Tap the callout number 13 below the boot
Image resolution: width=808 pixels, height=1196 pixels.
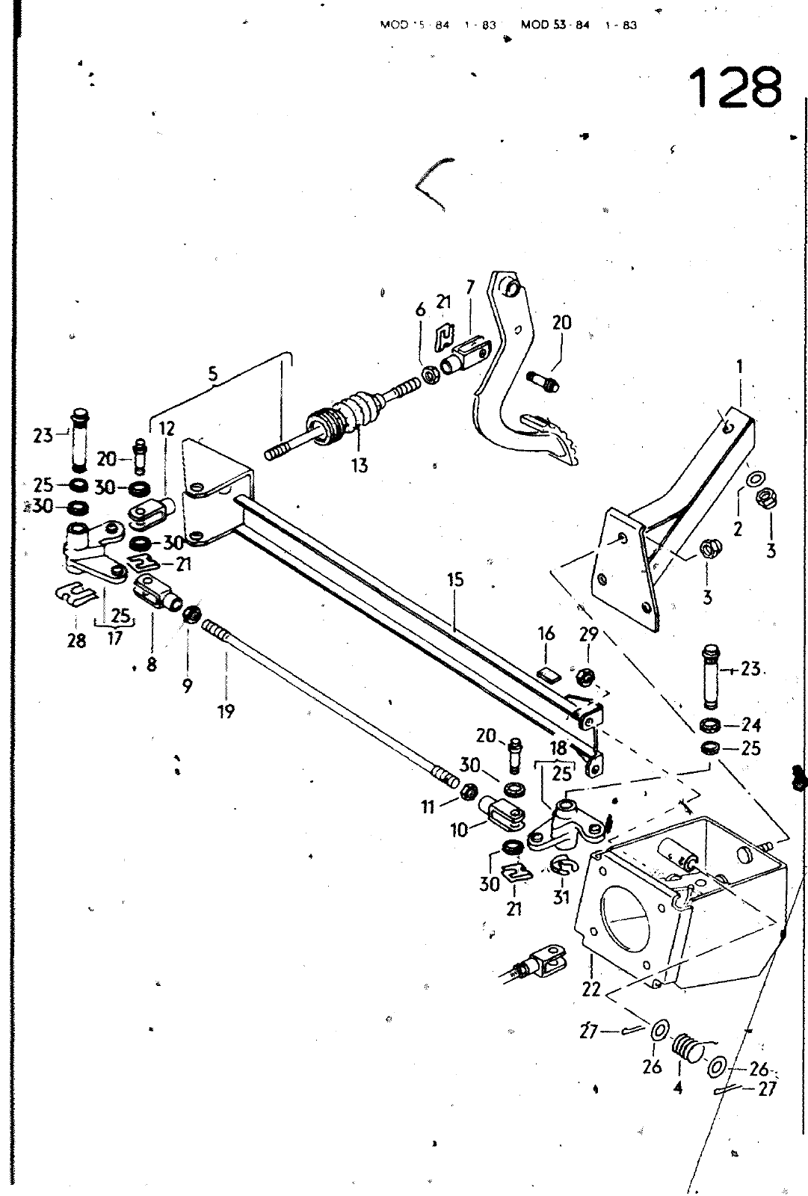[x=360, y=465]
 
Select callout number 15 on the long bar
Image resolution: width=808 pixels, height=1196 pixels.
[x=455, y=580]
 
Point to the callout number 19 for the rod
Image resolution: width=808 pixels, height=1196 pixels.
[x=226, y=712]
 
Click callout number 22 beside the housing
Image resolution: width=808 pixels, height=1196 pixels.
[x=591, y=990]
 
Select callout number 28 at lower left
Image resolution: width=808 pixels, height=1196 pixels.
[x=76, y=641]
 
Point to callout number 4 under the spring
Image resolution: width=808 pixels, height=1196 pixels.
[x=677, y=1088]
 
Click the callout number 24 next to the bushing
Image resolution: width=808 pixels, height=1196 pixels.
[x=751, y=724]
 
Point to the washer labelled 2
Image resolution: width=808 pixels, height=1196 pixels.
[x=755, y=478]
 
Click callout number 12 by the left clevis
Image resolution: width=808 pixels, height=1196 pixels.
[x=167, y=428]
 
